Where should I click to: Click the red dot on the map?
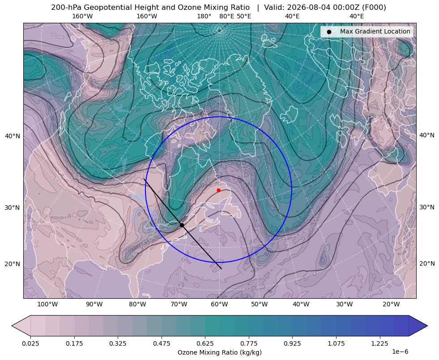218,190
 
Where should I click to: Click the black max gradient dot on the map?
182,225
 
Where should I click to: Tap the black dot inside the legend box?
329,32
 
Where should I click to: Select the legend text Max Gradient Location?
375,31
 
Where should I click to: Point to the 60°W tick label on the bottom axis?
219,305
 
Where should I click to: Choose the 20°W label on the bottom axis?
391,305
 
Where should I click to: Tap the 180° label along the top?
204,16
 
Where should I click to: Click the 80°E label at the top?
226,16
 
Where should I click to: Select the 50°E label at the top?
244,16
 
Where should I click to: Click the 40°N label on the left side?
13,136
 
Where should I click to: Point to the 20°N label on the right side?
427,263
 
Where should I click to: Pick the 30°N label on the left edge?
13,208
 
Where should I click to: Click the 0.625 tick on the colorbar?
205,343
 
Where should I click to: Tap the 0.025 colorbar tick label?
30,343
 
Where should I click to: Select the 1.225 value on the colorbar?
379,343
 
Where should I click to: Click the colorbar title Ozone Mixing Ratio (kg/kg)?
219,352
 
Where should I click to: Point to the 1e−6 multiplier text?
400,352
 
